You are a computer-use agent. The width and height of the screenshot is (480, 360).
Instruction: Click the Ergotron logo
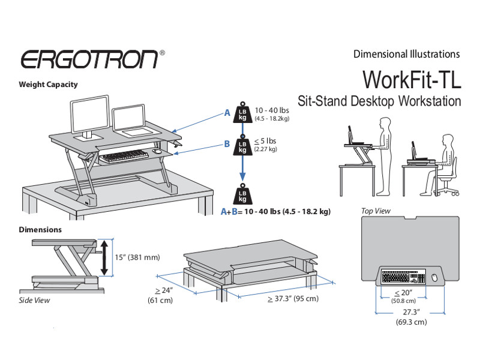(90, 58)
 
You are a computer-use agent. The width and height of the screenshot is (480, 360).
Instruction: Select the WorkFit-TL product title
(411, 79)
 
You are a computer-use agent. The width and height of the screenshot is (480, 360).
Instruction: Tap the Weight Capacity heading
(48, 85)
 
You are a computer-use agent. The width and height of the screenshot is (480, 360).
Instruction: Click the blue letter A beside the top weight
(227, 113)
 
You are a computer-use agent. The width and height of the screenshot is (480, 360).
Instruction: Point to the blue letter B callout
(227, 144)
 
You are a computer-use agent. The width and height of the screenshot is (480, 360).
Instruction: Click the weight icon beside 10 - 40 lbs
(242, 112)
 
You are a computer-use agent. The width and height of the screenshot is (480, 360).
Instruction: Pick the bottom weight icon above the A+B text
(242, 196)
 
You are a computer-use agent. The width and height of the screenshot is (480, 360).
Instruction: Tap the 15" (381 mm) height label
(137, 257)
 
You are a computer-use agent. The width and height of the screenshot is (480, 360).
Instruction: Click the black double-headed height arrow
(104, 257)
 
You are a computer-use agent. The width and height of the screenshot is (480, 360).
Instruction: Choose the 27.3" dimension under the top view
(411, 312)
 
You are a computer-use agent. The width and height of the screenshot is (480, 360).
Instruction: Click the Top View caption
(376, 211)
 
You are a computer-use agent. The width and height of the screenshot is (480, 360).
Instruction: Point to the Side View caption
(34, 300)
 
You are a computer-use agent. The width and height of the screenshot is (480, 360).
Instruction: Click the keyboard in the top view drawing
(401, 277)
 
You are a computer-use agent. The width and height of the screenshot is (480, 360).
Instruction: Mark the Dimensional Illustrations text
(406, 54)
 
